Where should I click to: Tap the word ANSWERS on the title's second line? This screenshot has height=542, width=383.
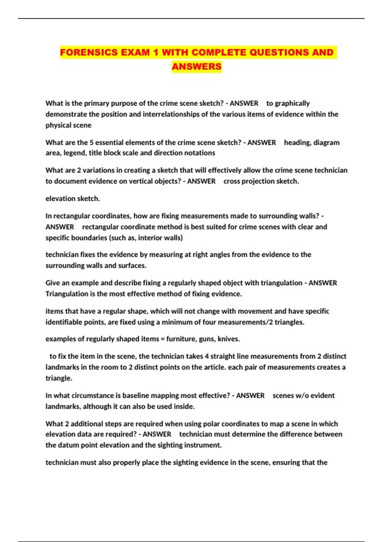point(197,67)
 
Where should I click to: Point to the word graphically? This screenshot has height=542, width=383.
point(292,103)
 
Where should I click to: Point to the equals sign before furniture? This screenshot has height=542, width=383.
point(163,339)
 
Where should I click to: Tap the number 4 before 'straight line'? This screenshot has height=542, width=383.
point(207,356)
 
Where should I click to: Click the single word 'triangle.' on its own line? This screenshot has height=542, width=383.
point(59,378)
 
